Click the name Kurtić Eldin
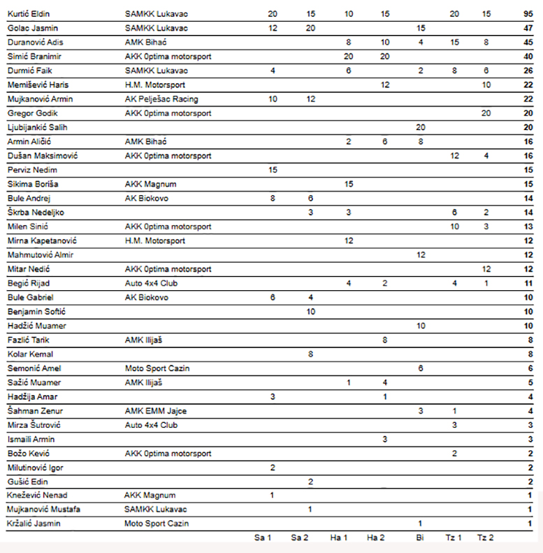tap(29, 14)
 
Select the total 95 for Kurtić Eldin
tap(528, 14)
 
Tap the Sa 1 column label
tap(263, 538)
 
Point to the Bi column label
tap(420, 538)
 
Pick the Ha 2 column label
tap(376, 538)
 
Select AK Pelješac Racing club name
tap(161, 99)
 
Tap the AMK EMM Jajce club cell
tap(156, 410)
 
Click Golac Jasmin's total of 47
tap(528, 28)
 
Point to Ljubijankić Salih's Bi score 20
tap(420, 127)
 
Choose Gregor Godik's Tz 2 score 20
tap(486, 113)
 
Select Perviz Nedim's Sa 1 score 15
tap(272, 170)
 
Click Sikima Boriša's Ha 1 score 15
tap(349, 184)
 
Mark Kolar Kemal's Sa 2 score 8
tap(310, 354)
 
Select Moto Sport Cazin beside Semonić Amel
tap(157, 368)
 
